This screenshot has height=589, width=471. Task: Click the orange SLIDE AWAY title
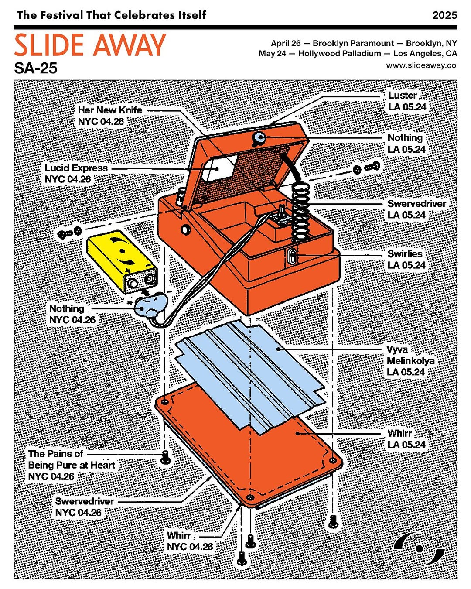pyautogui.click(x=90, y=45)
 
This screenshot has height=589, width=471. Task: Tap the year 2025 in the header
pyautogui.click(x=444, y=15)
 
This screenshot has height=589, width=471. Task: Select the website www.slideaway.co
pyautogui.click(x=421, y=65)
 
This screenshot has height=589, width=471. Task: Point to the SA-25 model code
pyautogui.click(x=35, y=68)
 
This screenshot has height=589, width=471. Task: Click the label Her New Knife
pyautogui.click(x=110, y=110)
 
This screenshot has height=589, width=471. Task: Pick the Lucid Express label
pyautogui.click(x=76, y=168)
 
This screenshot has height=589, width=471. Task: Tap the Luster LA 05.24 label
pyautogui.click(x=406, y=101)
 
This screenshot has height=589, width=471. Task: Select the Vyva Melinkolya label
pyautogui.click(x=410, y=361)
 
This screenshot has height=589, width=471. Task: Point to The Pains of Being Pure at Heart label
pyautogui.click(x=71, y=465)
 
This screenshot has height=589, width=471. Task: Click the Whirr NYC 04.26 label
pyautogui.click(x=189, y=541)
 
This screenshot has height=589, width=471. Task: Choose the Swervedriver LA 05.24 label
pyautogui.click(x=416, y=209)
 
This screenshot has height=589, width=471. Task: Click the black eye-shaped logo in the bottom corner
pyautogui.click(x=419, y=548)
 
